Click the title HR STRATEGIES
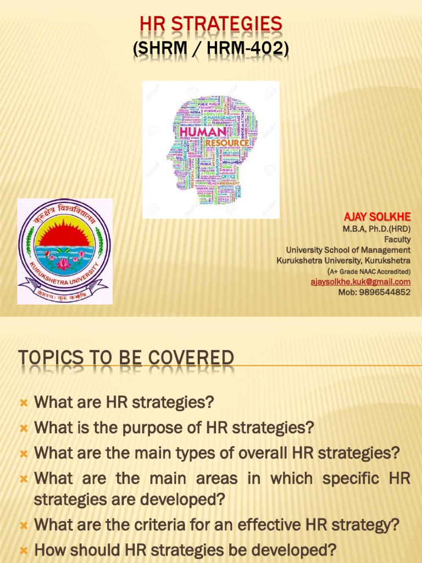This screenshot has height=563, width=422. [x=211, y=24]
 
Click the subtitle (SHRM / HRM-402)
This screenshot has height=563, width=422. [x=211, y=48]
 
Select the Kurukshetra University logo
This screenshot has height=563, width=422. [x=64, y=252]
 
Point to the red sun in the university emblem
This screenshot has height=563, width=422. [x=64, y=235]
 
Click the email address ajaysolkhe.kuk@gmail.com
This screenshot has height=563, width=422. [x=360, y=281]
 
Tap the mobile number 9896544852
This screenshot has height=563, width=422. [x=384, y=292]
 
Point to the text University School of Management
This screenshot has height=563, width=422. [x=348, y=250]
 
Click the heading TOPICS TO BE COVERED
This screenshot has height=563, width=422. [x=126, y=358]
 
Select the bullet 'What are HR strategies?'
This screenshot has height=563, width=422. [x=124, y=402]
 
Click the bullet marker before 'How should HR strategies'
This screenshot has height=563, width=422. [x=24, y=550]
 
